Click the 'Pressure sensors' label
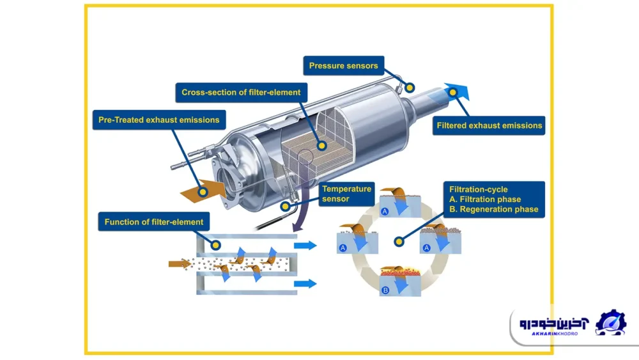click(x=343, y=65)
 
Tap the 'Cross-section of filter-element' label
click(x=241, y=92)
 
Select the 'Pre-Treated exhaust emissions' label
click(x=158, y=120)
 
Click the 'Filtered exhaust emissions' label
click(x=489, y=125)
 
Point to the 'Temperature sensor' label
click(x=346, y=193)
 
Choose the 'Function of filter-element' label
click(x=154, y=222)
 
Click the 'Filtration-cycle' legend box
click(x=494, y=200)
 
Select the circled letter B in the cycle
click(x=385, y=290)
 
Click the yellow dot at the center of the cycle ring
click(x=399, y=242)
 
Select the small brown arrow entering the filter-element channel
click(x=180, y=263)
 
